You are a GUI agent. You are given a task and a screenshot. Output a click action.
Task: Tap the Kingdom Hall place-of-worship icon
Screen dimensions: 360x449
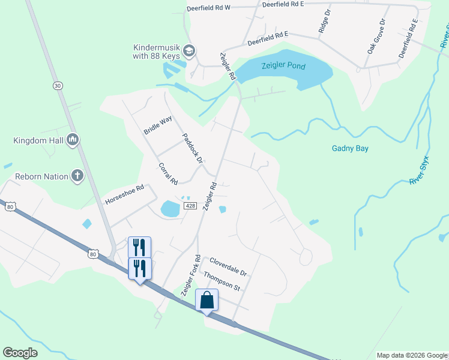(x=73, y=140)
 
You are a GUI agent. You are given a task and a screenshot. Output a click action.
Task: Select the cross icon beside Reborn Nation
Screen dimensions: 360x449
(x=77, y=176)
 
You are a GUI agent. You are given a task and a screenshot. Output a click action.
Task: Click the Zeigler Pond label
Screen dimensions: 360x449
(x=283, y=66)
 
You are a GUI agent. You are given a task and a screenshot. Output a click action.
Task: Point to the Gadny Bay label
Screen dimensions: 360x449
(x=350, y=148)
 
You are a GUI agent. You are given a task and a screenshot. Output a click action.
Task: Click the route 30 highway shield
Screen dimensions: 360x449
(x=58, y=86)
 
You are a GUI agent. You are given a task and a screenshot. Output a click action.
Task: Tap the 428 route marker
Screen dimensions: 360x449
(x=190, y=206)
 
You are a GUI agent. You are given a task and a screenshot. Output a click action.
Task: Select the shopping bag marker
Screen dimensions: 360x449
(x=206, y=301)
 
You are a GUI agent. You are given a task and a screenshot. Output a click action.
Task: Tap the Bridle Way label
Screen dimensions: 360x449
(x=157, y=124)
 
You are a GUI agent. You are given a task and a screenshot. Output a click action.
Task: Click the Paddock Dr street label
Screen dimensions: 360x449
(x=193, y=148)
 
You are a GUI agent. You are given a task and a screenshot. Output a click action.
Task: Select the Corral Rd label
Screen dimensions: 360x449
(x=168, y=173)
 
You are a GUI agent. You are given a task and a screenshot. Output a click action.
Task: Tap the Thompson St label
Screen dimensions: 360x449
(x=221, y=281)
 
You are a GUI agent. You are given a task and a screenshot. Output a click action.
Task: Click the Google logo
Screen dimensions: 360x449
(x=20, y=353)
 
